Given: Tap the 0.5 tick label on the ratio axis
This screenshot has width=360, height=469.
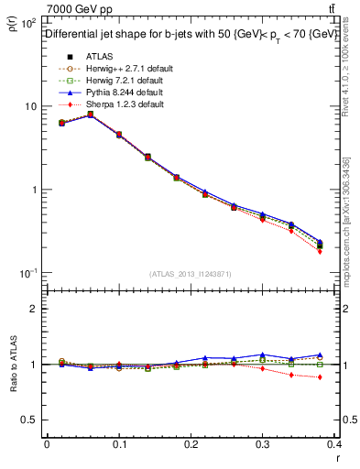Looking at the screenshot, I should [29, 420].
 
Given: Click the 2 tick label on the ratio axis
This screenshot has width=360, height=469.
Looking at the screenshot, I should [35, 309].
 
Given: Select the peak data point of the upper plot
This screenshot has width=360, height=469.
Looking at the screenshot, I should [90, 115].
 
